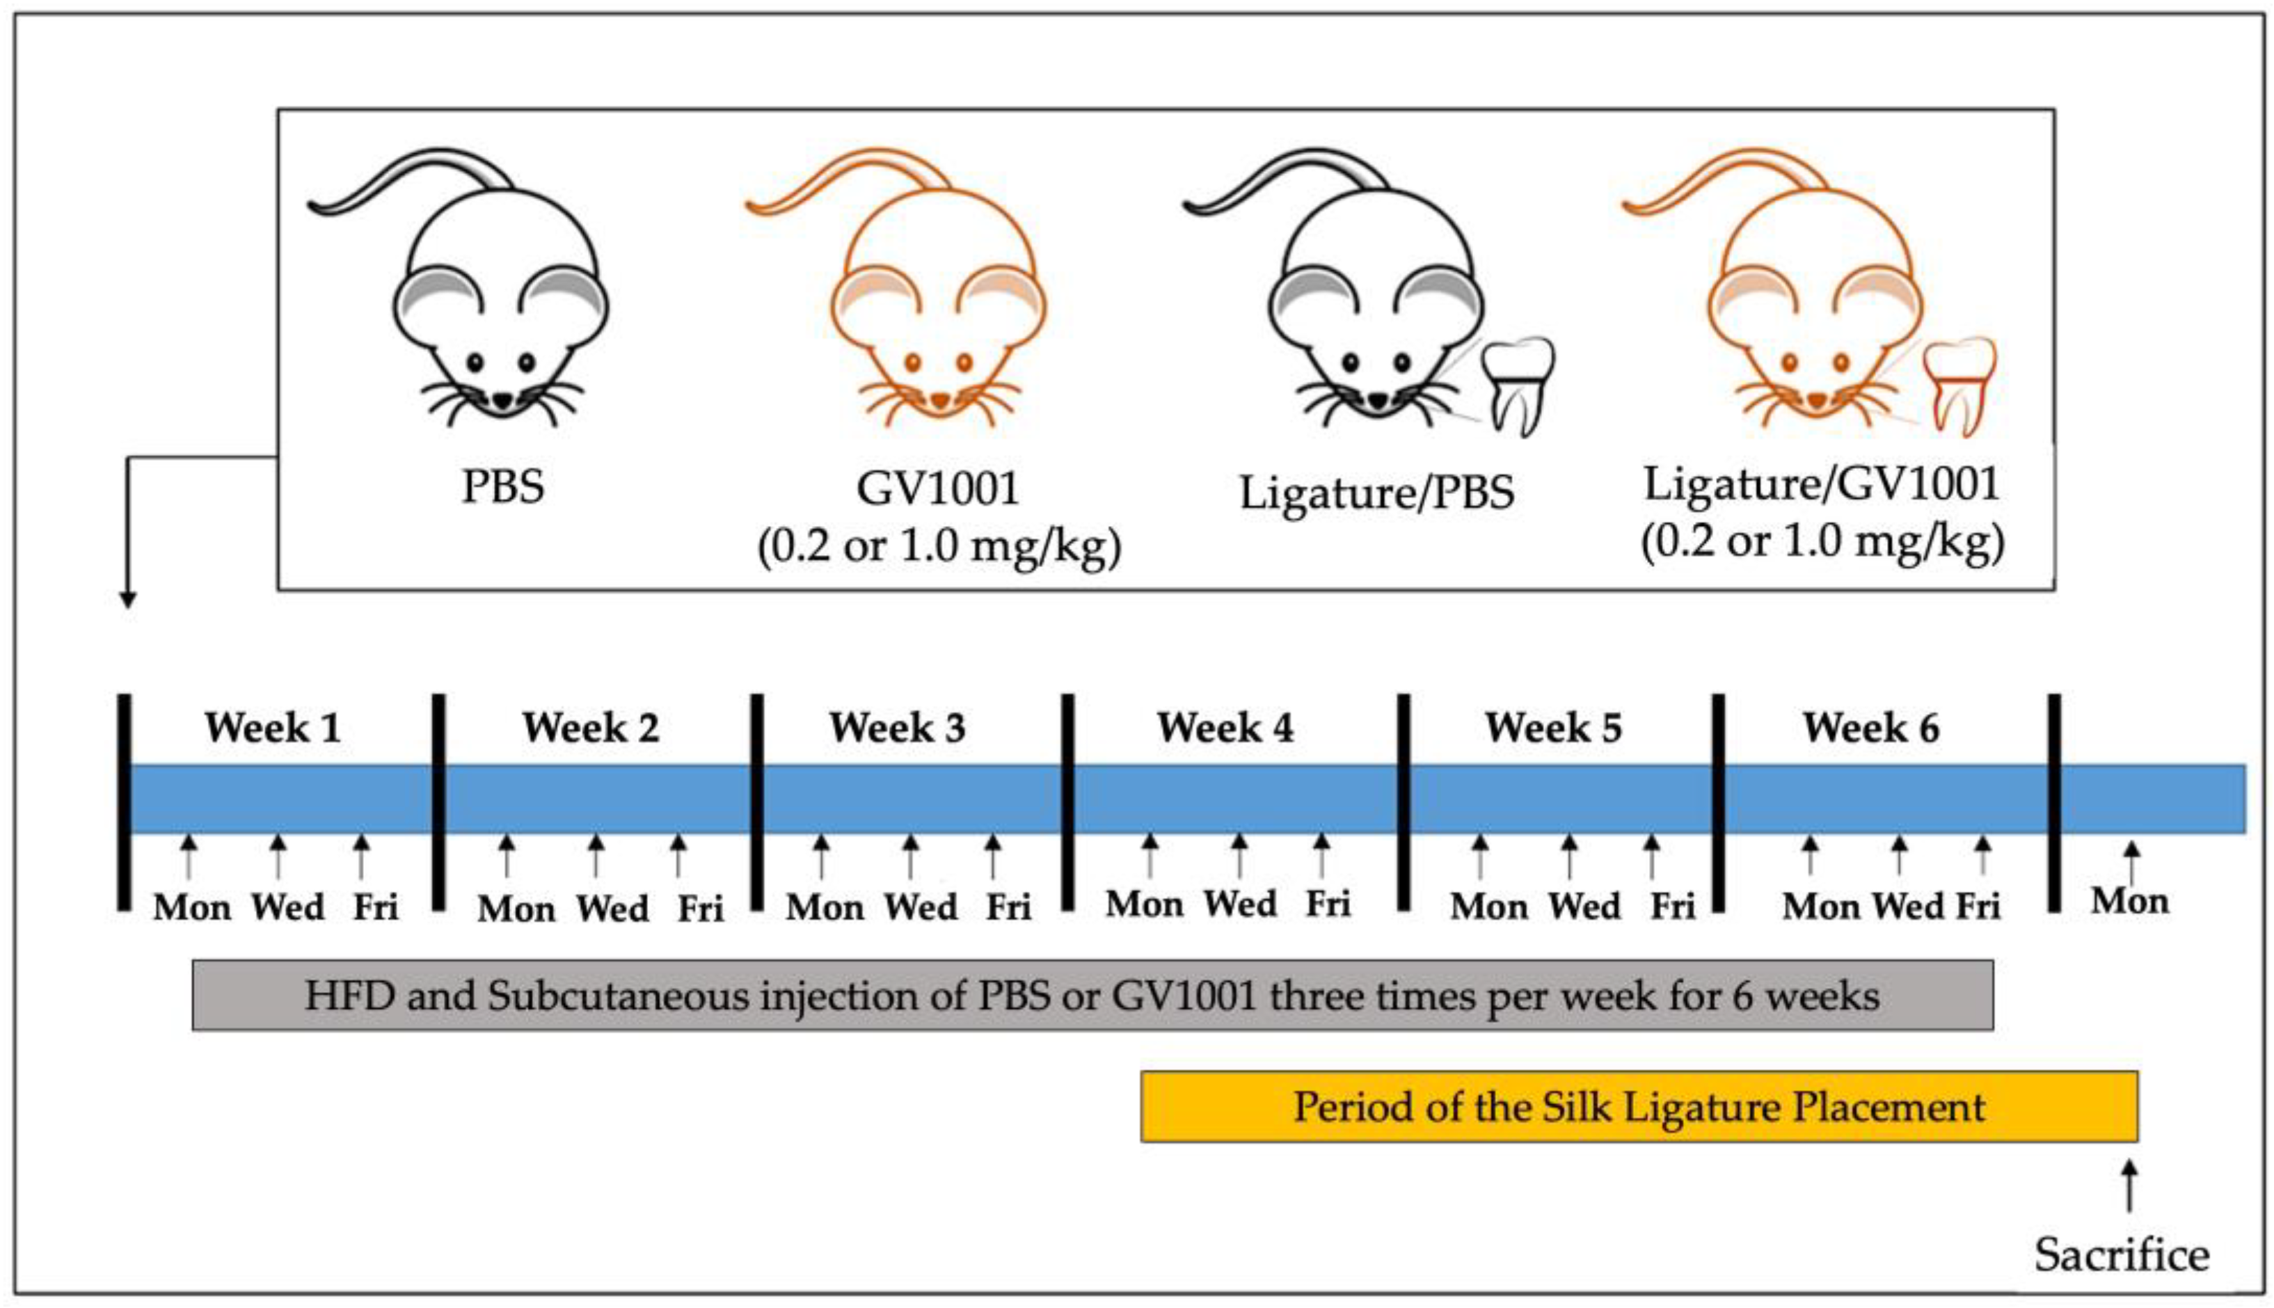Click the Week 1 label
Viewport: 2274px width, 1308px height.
[x=273, y=728]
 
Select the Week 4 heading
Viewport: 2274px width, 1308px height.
[x=1225, y=728]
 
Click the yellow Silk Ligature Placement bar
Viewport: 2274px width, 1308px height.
[x=1638, y=1107]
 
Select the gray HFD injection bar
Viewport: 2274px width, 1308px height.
[x=1092, y=996]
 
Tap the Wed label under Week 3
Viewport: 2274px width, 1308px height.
[x=921, y=907]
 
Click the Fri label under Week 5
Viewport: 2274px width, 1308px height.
[x=1673, y=906]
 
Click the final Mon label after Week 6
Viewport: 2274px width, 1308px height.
[x=2129, y=900]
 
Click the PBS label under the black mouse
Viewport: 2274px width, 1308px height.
[x=502, y=487]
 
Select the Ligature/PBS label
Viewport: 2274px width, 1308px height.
[x=1376, y=493]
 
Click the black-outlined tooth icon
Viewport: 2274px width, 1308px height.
[x=1517, y=386]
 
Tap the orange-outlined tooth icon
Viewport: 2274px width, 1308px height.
[x=1959, y=386]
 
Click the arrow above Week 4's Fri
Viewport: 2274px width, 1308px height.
[x=1321, y=854]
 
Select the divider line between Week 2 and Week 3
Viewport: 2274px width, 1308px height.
[x=757, y=801]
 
